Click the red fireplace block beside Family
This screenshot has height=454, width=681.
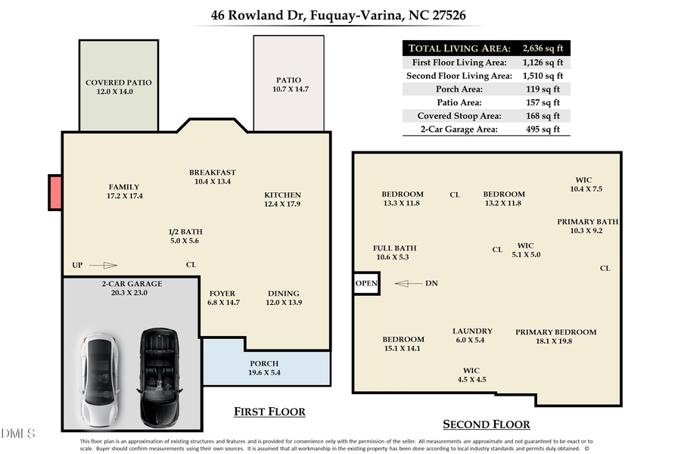pos(55,192)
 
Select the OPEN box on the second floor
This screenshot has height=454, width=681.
pos(367,284)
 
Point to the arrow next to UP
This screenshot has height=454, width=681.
pos(104,266)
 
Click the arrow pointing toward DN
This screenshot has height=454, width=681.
pos(409,284)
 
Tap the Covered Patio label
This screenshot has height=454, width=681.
pos(119,87)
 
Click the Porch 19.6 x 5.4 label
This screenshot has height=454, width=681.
pos(265,368)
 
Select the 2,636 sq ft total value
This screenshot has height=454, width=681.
pos(543,48)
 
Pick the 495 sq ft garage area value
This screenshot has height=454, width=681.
pos(543,129)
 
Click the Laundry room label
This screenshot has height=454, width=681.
pos(472,336)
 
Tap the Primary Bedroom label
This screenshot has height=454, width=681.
pos(555,337)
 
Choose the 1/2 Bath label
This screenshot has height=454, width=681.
pos(185,236)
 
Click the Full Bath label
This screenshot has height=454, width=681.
pos(395,253)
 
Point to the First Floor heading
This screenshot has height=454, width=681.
pos(269,412)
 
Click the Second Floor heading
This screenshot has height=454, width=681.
pos(486,424)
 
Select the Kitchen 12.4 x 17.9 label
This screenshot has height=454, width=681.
pos(282,200)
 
